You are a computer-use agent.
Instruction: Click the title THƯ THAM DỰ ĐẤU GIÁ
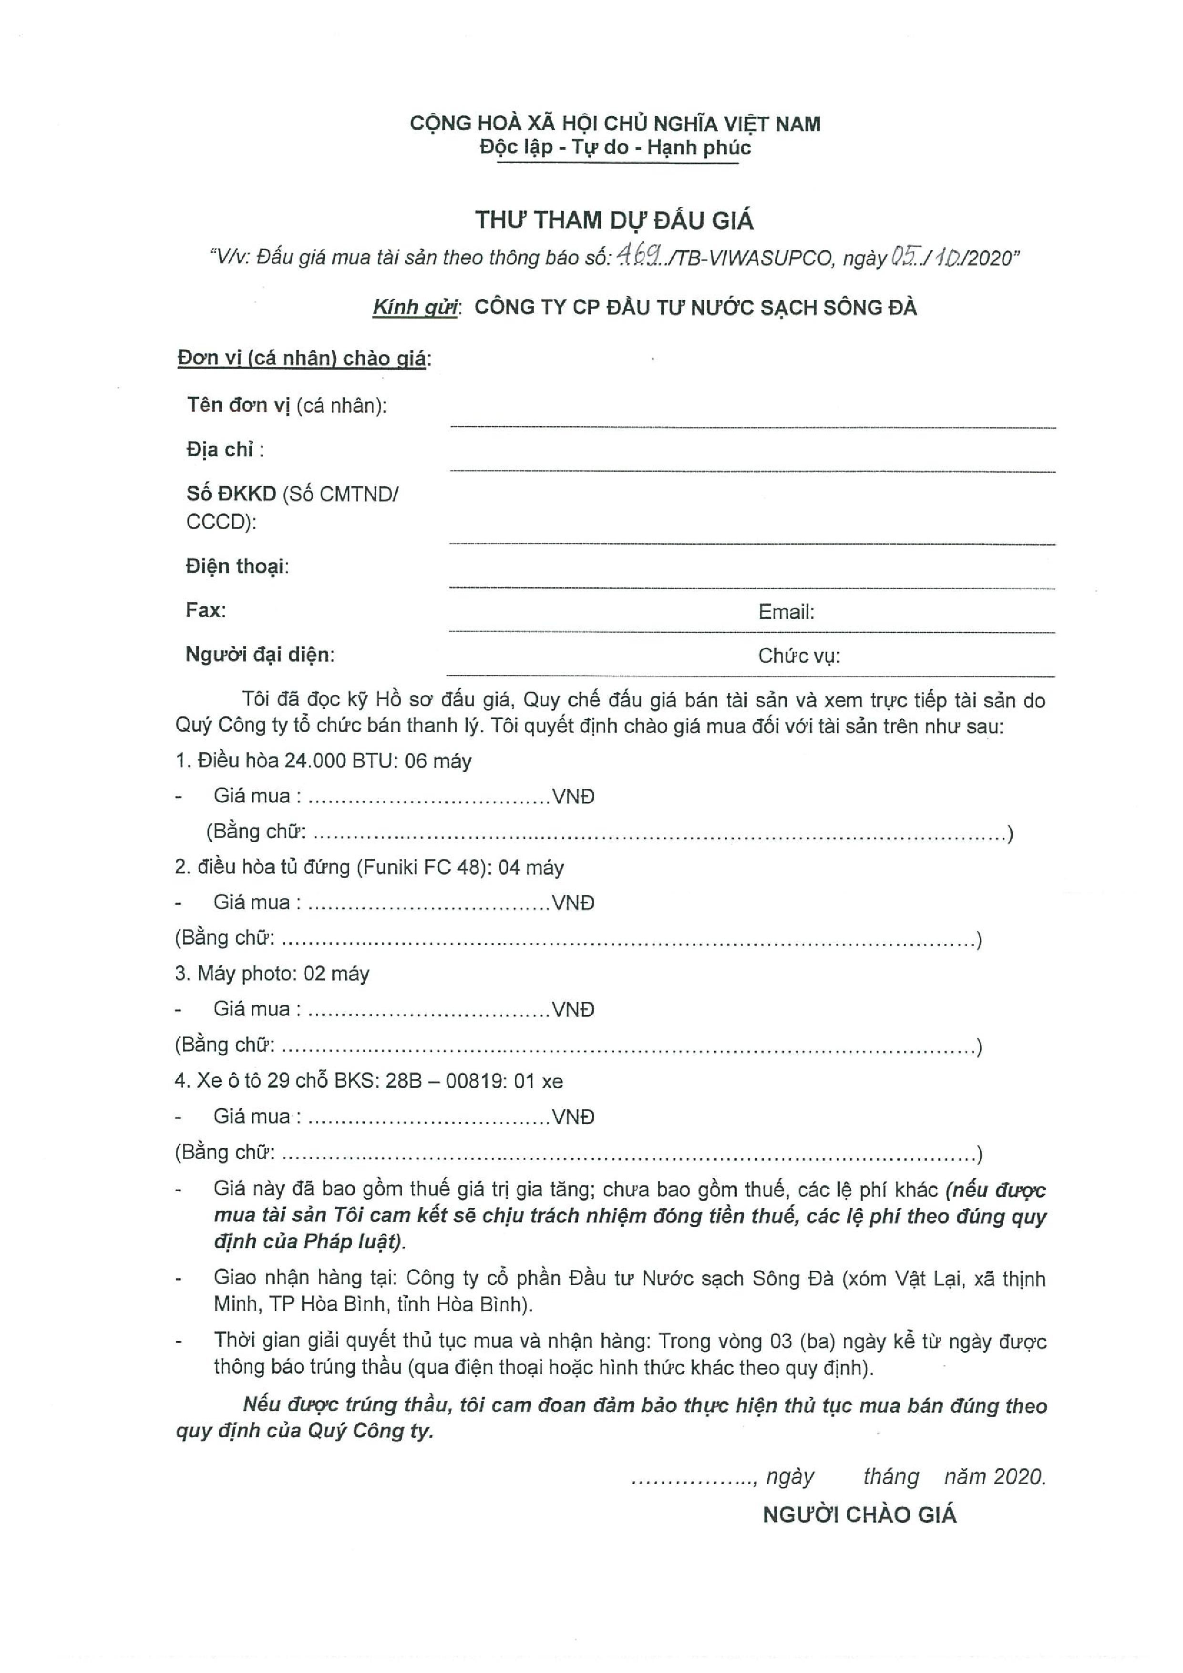tap(614, 220)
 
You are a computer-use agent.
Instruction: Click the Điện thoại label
tap(237, 566)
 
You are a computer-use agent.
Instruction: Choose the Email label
tap(786, 612)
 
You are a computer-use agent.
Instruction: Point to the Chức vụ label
tap(798, 656)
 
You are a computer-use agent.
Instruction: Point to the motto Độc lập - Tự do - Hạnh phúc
tap(615, 148)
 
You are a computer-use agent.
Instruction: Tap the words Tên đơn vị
tap(238, 405)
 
